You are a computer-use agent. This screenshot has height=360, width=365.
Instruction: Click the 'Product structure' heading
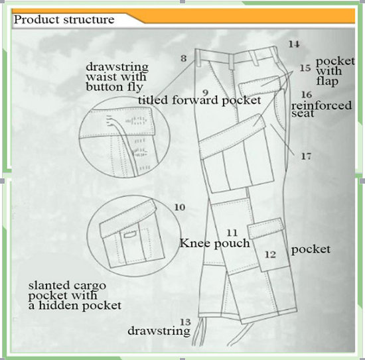coord(64,19)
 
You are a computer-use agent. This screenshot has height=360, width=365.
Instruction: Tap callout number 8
coord(184,58)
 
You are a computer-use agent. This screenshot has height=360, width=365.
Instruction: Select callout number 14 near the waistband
coord(294,44)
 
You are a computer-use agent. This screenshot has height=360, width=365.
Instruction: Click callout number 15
coord(305,68)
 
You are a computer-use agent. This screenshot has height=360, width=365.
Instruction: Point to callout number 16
coord(307,95)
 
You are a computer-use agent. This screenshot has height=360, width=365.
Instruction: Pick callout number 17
coord(306,156)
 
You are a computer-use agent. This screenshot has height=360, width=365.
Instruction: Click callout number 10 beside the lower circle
coord(180,208)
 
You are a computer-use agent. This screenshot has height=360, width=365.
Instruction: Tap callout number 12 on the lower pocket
coord(271,255)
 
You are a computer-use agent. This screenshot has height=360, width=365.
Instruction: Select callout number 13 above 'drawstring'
coord(186,322)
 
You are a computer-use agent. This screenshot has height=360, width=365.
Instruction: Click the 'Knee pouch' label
coord(215,243)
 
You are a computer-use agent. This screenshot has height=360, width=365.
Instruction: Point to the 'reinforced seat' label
coord(321,109)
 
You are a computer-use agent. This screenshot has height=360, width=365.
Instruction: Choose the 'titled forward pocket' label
coord(200,100)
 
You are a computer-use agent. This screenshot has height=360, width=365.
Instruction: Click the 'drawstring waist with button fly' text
coord(117,77)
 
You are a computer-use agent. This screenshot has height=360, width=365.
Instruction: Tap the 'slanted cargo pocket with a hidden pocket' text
coord(75,295)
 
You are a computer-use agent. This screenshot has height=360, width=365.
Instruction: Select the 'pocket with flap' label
coord(335,71)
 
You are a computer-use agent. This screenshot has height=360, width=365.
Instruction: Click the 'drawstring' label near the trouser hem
coord(159,331)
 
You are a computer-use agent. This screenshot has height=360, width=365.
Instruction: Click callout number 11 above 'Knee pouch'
coord(232,233)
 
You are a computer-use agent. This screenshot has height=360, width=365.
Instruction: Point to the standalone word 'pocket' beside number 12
coord(311,250)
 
